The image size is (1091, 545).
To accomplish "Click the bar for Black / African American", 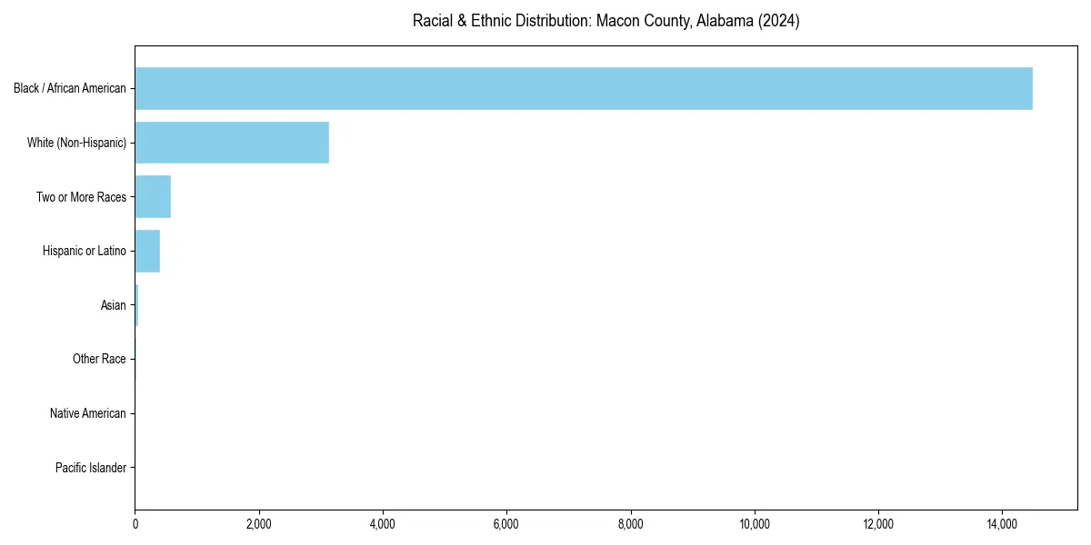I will click(x=583, y=88).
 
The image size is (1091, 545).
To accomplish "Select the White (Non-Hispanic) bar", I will click(x=232, y=143).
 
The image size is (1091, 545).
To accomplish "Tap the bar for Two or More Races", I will click(x=153, y=197).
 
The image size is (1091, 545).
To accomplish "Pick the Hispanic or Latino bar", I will click(x=147, y=251).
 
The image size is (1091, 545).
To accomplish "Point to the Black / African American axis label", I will click(x=70, y=88).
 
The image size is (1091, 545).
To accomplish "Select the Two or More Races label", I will click(x=81, y=197).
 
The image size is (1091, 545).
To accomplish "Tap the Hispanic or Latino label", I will click(x=85, y=251).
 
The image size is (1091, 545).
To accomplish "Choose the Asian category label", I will click(x=114, y=305).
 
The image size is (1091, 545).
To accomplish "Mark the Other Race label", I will click(x=99, y=360).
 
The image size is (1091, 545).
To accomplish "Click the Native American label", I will click(x=88, y=413).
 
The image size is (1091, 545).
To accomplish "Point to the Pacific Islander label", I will click(x=91, y=468).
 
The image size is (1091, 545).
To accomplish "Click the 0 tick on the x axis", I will click(x=135, y=523).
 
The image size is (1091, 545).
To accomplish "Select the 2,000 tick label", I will click(x=259, y=523).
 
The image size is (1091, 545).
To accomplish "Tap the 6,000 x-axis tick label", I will click(x=506, y=523).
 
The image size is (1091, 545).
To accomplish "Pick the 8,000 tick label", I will click(x=631, y=523).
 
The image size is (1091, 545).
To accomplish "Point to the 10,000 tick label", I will click(x=755, y=523).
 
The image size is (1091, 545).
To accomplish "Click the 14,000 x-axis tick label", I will click(x=1002, y=523).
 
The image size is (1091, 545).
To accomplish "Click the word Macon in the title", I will click(x=616, y=21).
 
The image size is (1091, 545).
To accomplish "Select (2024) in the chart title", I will click(x=781, y=21).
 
